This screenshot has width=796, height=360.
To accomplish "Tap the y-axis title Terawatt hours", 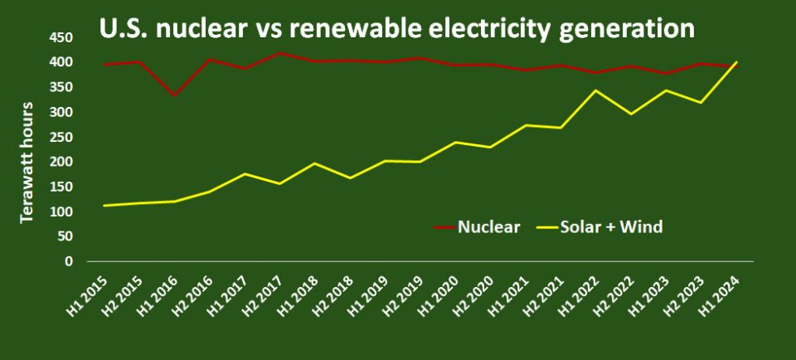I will (x=27, y=162).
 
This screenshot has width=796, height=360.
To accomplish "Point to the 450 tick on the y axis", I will (x=61, y=37).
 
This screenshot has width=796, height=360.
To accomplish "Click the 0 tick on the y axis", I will (x=69, y=261).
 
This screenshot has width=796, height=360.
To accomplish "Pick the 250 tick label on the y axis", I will (x=61, y=137).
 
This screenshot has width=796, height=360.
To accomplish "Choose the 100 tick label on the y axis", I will (x=61, y=212).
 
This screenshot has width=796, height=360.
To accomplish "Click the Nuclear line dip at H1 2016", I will (x=173, y=95).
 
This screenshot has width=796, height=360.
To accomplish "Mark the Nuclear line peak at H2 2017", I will (x=279, y=53).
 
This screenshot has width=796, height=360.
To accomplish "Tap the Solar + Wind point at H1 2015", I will (x=104, y=205).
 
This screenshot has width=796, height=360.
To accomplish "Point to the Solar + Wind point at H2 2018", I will (x=349, y=178).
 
